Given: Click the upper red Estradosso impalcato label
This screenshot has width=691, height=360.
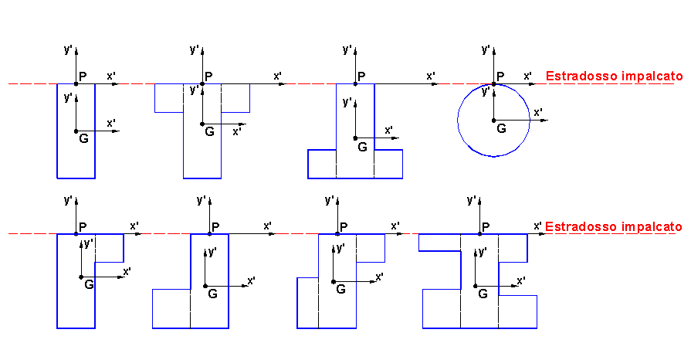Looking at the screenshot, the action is (x=614, y=76).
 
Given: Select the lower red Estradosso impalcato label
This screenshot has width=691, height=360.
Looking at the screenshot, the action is (x=614, y=227).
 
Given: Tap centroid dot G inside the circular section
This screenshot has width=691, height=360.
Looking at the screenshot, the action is (x=493, y=120).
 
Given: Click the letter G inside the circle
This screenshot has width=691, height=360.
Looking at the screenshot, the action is (x=501, y=128).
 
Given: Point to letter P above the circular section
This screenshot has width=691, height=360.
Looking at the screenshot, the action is (x=500, y=76).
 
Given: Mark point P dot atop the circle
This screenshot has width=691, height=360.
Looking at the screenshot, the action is (x=493, y=84).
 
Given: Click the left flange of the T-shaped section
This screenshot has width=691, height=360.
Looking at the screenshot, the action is (x=169, y=98).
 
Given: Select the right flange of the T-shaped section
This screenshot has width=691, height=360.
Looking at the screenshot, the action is (x=235, y=98).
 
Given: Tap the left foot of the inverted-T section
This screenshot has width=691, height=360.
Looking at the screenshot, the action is (x=322, y=164).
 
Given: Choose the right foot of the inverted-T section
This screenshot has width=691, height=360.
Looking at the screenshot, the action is (x=388, y=164).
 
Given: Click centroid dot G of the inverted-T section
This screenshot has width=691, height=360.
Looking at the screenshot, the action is (x=355, y=138).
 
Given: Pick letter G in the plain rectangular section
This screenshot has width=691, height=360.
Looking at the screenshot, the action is (x=83, y=138).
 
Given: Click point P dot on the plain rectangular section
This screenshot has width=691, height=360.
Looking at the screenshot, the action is (x=76, y=84).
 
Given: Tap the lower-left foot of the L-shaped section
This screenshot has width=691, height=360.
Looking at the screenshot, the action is (x=171, y=309).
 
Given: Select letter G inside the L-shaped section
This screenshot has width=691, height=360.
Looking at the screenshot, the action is (x=212, y=294).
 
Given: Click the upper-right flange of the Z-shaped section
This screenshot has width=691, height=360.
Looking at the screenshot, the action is (x=371, y=248).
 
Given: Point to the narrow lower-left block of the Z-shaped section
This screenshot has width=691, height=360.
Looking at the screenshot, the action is (x=308, y=303).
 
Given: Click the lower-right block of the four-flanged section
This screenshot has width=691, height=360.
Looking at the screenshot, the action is (x=518, y=312).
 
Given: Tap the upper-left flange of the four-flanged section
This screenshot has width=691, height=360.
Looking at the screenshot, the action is (x=440, y=243).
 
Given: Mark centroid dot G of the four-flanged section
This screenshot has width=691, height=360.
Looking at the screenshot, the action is (x=475, y=287).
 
